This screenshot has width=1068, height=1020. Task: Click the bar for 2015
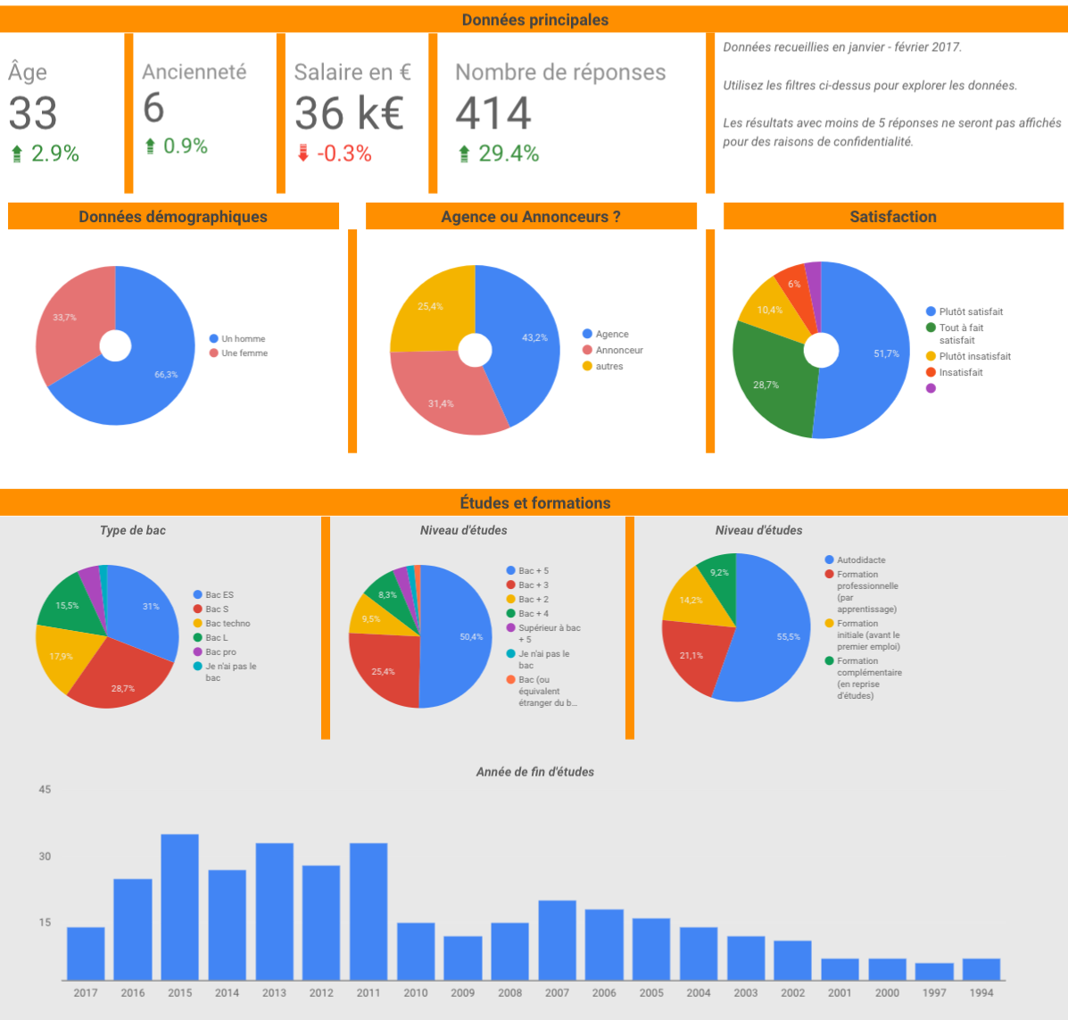pyautogui.click(x=179, y=907)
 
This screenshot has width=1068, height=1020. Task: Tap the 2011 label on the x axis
pyautogui.click(x=368, y=992)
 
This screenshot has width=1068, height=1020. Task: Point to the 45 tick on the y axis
pyautogui.click(x=45, y=789)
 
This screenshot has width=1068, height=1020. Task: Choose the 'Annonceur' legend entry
pyautogui.click(x=618, y=351)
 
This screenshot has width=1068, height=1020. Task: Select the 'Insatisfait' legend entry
pyautogui.click(x=960, y=373)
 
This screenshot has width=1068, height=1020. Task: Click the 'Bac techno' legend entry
pyautogui.click(x=228, y=624)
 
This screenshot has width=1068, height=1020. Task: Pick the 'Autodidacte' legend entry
pyautogui.click(x=860, y=560)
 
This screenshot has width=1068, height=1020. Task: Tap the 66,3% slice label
pyautogui.click(x=166, y=375)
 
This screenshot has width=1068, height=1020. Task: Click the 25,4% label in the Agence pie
pyautogui.click(x=430, y=307)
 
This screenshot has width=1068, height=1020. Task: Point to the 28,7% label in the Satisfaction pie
pyautogui.click(x=766, y=386)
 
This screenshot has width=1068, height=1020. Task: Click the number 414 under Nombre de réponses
pyautogui.click(x=493, y=113)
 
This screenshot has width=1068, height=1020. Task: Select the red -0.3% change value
pyautogui.click(x=344, y=153)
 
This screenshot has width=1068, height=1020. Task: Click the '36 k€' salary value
pyautogui.click(x=349, y=113)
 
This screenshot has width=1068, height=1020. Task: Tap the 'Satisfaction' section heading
pyautogui.click(x=892, y=217)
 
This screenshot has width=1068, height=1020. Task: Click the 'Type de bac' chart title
pyautogui.click(x=133, y=530)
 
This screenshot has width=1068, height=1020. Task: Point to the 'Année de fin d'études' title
pyautogui.click(x=534, y=772)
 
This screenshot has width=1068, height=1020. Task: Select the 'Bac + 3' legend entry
pyautogui.click(x=533, y=585)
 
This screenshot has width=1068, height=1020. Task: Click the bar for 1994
pyautogui.click(x=981, y=969)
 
